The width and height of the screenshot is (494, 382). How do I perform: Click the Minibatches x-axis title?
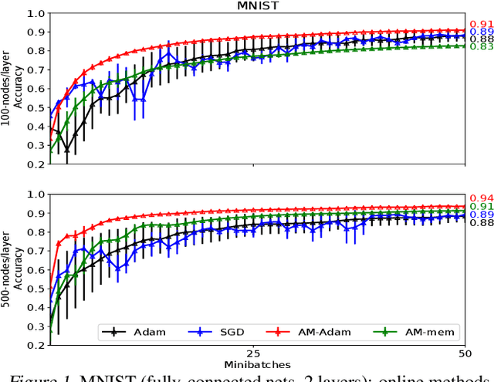[258, 363]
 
